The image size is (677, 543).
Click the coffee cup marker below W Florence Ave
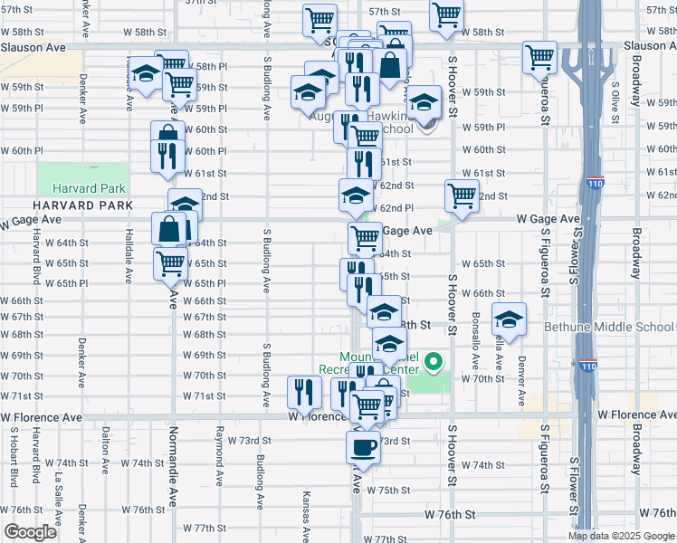364,447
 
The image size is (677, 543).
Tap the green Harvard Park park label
89,189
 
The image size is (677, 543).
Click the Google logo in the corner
31,532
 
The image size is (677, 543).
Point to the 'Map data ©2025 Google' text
620,536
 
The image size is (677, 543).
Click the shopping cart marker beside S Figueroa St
539,57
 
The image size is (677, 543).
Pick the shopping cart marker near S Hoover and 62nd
462,195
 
